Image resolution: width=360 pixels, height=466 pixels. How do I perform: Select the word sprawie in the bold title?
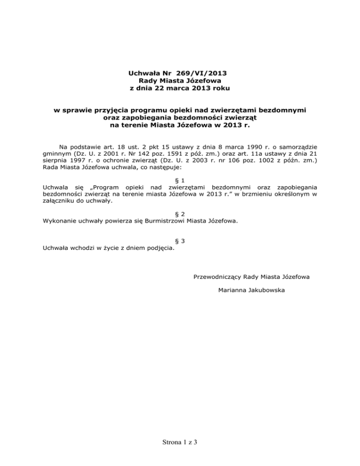(78, 110)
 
